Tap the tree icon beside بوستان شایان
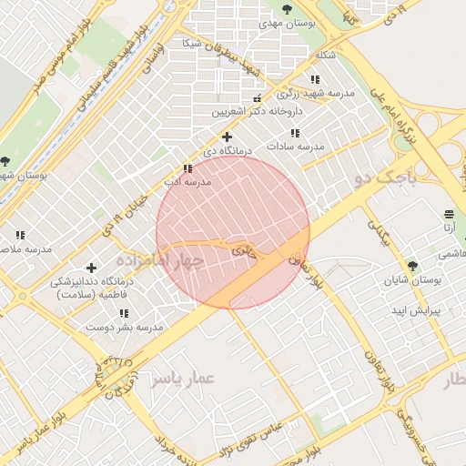pos(412,266)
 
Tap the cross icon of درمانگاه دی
pos(227,137)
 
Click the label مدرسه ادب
pos(187,181)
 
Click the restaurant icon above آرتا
pos(448,214)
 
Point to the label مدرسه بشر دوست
pos(124,326)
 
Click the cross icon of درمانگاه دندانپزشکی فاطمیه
pos(91,268)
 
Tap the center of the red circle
pos(233,232)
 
